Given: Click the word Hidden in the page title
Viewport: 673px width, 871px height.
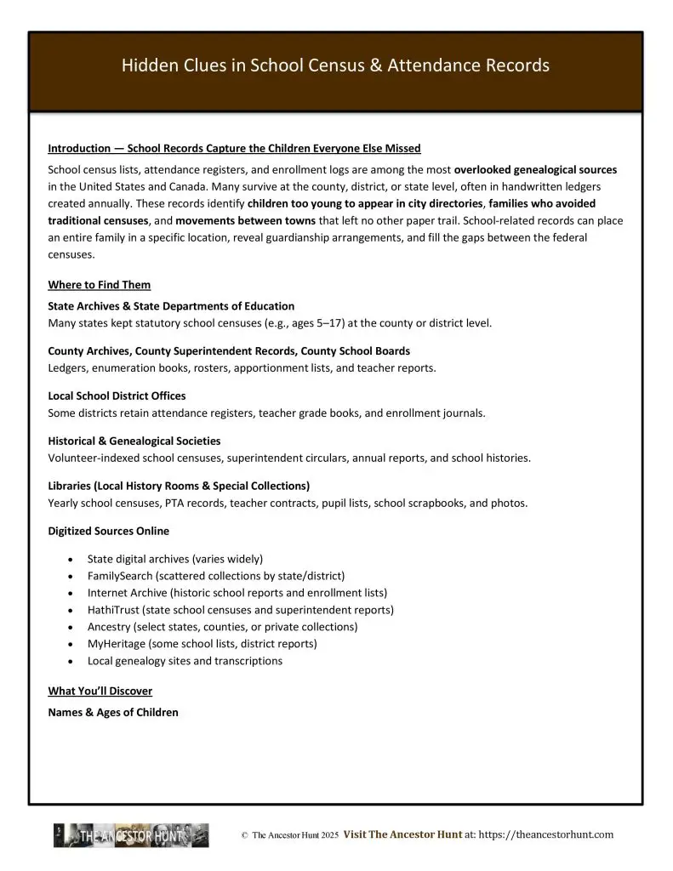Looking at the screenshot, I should [x=145, y=65].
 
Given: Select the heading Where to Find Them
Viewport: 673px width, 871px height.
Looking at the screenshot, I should [x=99, y=284].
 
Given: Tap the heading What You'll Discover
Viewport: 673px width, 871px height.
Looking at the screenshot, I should [x=100, y=691].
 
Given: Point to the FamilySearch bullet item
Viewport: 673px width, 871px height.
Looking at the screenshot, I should [x=215, y=575].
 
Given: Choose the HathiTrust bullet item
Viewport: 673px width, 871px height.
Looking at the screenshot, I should [x=240, y=609].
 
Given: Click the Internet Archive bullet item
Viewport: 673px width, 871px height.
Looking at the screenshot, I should [x=237, y=592].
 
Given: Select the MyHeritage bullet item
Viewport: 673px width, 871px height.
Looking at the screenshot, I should [x=202, y=643].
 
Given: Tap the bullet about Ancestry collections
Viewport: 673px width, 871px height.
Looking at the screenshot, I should [x=222, y=626].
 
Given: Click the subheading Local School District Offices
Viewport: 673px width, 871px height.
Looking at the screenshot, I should [x=117, y=396].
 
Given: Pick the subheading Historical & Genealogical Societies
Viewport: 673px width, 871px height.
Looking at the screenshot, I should [x=134, y=441].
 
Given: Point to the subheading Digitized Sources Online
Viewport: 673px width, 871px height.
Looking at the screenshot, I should [x=108, y=531].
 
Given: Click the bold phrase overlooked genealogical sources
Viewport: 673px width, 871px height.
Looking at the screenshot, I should [x=535, y=170].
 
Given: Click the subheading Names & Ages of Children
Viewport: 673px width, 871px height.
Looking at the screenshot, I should [x=113, y=712].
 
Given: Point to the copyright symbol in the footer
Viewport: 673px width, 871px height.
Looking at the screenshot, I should [x=244, y=836].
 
